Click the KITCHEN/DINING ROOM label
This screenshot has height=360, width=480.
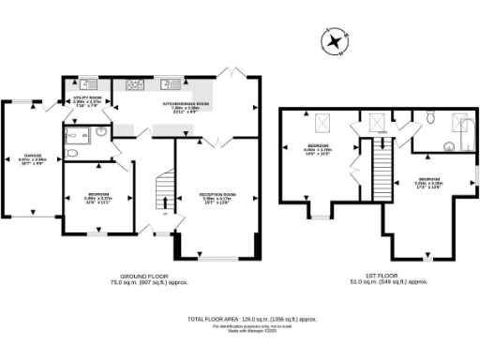point(184,107)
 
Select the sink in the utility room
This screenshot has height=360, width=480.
point(87,82)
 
